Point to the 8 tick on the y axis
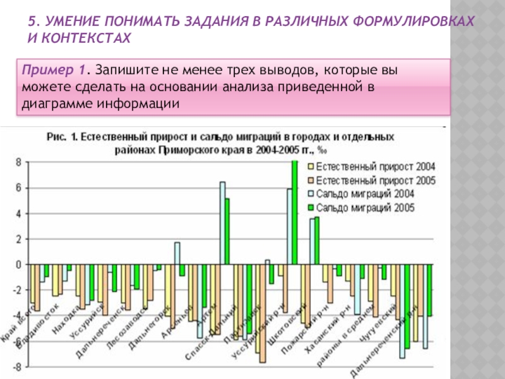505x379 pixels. (x=18, y=162)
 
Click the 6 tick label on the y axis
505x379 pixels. (x=18, y=188)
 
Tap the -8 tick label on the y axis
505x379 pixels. (x=16, y=366)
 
